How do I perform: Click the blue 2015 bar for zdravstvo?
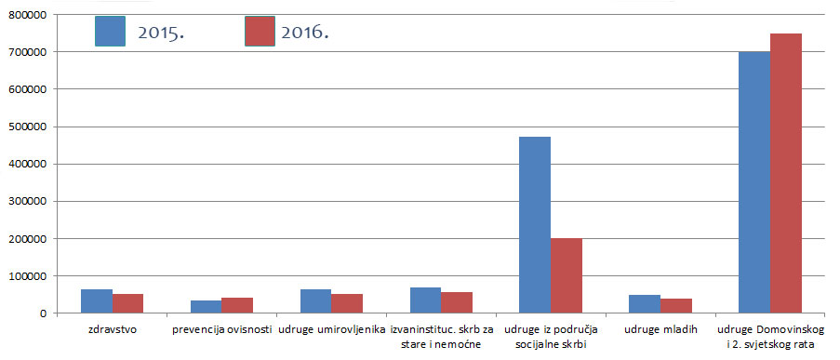[97, 301]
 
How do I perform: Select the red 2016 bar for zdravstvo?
[128, 304]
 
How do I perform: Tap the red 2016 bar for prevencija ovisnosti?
[237, 306]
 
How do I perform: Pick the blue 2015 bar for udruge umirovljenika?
[315, 301]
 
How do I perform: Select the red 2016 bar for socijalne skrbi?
[567, 275]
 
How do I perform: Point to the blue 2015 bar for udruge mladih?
[645, 304]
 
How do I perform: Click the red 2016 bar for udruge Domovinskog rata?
[786, 173]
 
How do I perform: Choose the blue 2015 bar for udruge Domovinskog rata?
[754, 182]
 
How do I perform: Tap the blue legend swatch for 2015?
[110, 31]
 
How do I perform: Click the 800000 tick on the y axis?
[30, 14]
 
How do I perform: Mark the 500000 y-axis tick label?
[30, 127]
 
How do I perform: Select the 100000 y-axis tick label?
[30, 276]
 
